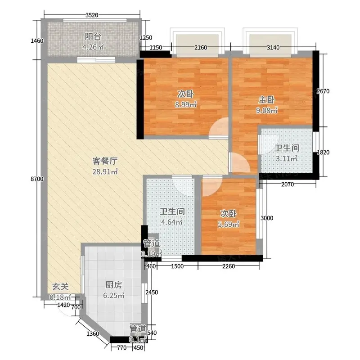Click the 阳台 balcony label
(93, 36)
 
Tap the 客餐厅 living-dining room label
(105, 161)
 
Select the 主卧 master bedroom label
(266, 100)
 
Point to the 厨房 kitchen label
(114, 285)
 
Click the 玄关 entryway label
(60, 287)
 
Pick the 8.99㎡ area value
(186, 105)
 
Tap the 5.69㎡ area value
(229, 224)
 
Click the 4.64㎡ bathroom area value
(172, 222)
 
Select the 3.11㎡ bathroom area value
(287, 159)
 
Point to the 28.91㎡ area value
(105, 171)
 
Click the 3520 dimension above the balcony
(92, 15)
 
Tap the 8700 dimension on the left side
(37, 179)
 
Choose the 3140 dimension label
(273, 48)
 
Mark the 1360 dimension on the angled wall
(93, 333)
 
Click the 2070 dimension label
(288, 184)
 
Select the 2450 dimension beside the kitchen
(152, 292)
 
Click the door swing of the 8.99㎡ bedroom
(218, 127)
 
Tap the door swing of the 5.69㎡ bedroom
(212, 186)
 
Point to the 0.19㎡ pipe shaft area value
(152, 254)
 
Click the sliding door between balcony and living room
(96, 60)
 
